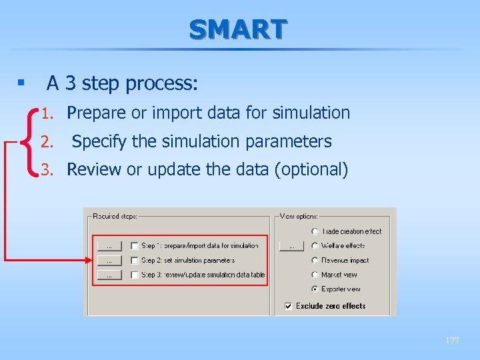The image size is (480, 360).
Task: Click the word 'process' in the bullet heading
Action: (x=160, y=83)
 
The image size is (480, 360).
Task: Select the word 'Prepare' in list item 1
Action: (x=97, y=113)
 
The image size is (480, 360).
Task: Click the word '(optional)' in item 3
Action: (x=311, y=169)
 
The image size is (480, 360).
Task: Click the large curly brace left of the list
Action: (x=30, y=141)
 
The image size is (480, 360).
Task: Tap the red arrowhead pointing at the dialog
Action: (x=87, y=260)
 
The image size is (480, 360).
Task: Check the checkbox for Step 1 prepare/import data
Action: (x=135, y=246)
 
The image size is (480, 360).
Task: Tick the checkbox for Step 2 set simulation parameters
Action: (x=135, y=261)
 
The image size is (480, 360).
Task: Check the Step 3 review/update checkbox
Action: (x=135, y=275)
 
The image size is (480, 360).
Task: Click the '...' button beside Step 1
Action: (x=109, y=246)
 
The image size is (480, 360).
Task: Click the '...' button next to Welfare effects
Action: (x=291, y=246)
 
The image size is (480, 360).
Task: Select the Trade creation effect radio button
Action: (x=315, y=231)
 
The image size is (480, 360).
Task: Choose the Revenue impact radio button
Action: (x=315, y=261)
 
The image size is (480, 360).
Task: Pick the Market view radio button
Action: (x=315, y=275)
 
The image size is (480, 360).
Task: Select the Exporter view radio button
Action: (x=315, y=289)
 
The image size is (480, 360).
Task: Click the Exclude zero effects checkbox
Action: (x=288, y=306)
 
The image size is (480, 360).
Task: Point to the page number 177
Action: (x=452, y=341)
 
